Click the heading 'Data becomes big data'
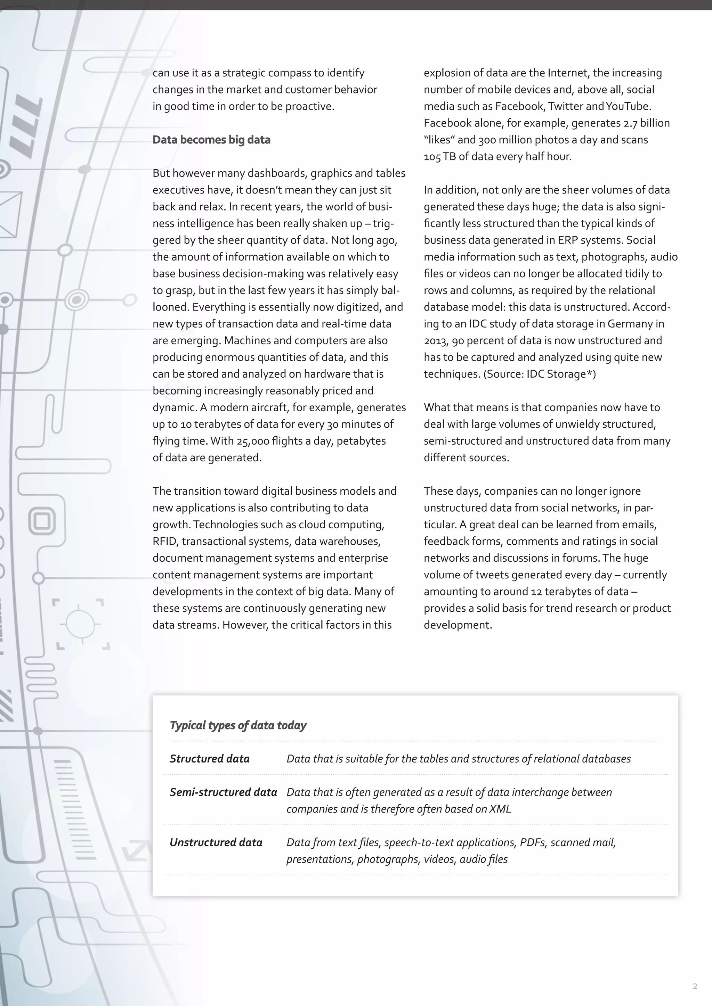[x=211, y=140]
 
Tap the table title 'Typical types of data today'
[x=238, y=725]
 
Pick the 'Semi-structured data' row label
[x=223, y=792]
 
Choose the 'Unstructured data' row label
[x=216, y=842]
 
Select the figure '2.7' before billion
[x=630, y=123]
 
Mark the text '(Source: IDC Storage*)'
[x=539, y=374]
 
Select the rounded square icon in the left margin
[x=42, y=521]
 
